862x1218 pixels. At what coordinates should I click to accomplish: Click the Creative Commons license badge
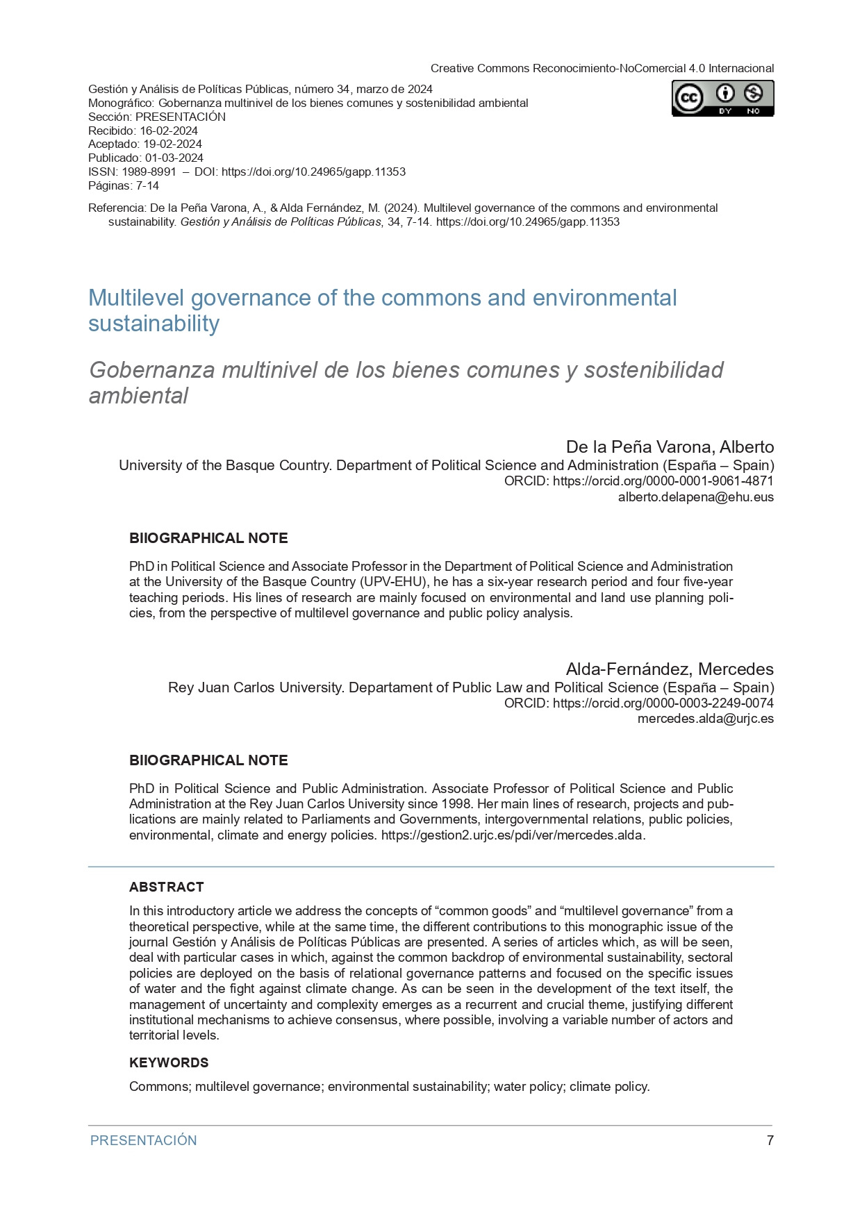[x=722, y=98]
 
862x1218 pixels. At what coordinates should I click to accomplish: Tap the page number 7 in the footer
[x=770, y=1140]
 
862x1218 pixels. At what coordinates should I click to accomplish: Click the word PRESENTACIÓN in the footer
[x=144, y=1140]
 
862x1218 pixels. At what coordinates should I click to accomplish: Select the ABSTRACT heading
[x=167, y=887]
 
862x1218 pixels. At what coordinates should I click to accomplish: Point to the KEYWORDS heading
[x=169, y=1062]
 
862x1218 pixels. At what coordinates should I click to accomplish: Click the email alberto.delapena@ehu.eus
[x=695, y=497]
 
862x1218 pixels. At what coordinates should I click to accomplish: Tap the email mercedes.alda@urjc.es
[x=705, y=719]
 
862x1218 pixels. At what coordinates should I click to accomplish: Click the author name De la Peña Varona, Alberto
[x=670, y=447]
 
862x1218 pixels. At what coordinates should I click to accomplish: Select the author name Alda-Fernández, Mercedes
[x=670, y=669]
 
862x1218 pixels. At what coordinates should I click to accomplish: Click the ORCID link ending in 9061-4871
[x=663, y=481]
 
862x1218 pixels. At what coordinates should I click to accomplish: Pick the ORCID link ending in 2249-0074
[x=663, y=703]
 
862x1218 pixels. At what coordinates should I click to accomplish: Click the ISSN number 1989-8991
[x=149, y=172]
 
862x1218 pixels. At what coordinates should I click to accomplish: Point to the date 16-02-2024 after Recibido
[x=169, y=131]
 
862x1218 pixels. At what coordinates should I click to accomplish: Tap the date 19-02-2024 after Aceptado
[x=172, y=144]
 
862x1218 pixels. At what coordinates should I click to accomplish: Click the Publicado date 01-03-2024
[x=174, y=158]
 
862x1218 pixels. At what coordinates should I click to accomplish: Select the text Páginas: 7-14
[x=124, y=185]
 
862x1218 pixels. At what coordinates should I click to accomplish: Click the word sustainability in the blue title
[x=154, y=324]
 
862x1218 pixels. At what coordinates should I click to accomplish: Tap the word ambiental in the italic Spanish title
[x=138, y=396]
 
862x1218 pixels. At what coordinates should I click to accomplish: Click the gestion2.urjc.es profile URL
[x=513, y=835]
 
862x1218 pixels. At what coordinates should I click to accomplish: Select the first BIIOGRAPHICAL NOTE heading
[x=208, y=538]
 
